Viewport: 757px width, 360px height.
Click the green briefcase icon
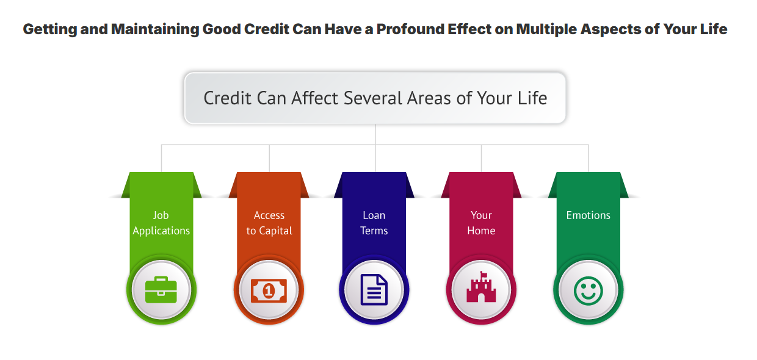(161, 290)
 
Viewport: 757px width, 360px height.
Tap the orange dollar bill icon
(269, 290)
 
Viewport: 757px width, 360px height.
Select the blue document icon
(374, 290)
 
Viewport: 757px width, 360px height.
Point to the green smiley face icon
(588, 291)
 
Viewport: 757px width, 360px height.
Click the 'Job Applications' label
(161, 223)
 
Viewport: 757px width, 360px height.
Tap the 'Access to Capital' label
(269, 223)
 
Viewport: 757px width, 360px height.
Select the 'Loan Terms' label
(374, 223)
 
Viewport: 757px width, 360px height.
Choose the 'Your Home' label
(481, 223)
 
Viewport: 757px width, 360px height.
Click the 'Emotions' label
(589, 215)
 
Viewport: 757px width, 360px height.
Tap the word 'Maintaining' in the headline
(155, 30)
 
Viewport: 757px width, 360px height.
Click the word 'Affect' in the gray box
(315, 98)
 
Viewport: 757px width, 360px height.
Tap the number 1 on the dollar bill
(269, 290)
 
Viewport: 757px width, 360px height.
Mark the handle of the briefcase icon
(161, 279)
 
